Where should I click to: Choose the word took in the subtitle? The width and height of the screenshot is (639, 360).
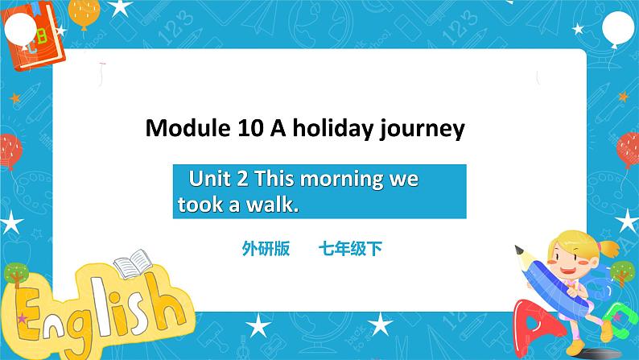click(x=193, y=205)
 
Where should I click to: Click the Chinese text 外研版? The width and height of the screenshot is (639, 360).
click(x=264, y=249)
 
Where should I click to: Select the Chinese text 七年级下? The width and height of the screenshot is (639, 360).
click(x=349, y=249)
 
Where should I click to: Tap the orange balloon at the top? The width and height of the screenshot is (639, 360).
click(x=84, y=11)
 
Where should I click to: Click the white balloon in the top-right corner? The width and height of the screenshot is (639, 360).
click(x=617, y=32)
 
